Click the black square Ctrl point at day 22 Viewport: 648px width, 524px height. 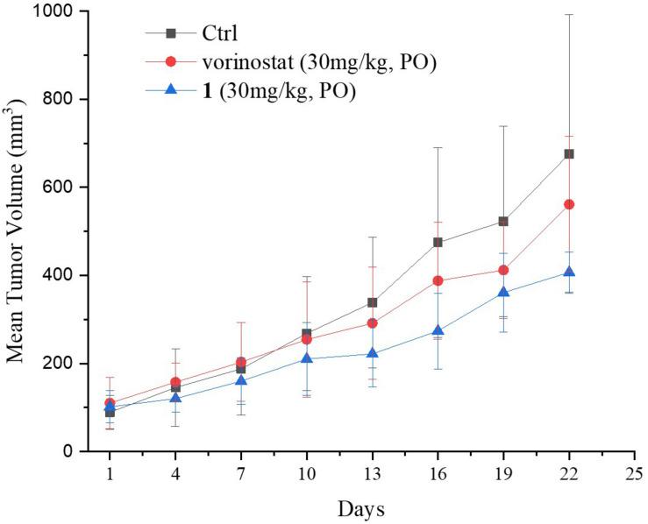point(569,154)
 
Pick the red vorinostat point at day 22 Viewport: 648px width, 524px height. point(569,204)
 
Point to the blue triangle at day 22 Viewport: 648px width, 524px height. point(569,272)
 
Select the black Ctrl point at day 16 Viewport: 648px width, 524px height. point(438,242)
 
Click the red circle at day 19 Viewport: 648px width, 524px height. point(503,270)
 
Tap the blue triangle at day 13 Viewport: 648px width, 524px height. point(372,353)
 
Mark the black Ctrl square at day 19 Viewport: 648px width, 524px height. point(503,222)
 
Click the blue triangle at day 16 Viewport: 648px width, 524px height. point(438,331)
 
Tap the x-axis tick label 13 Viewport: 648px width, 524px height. point(372,474)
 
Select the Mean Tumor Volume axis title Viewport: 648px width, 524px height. point(18,231)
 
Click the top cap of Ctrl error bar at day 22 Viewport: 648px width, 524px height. point(569,15)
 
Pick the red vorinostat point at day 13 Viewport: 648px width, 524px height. point(372,323)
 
